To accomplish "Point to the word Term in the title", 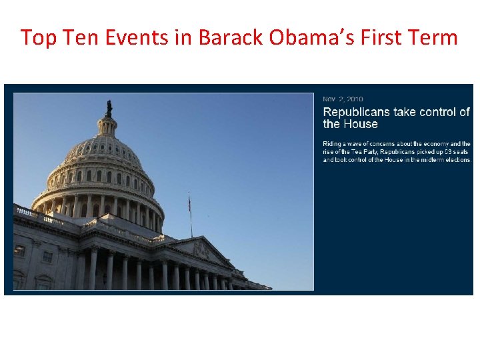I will pos(435,37).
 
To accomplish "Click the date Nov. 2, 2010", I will pos(343,99).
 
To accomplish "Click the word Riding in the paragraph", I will pos(331,144).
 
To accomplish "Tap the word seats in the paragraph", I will pos(457,152).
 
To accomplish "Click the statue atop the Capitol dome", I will pos(109,108).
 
